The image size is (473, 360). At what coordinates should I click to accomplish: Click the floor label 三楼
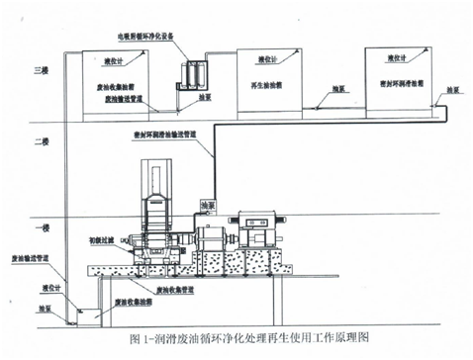[x=41, y=71]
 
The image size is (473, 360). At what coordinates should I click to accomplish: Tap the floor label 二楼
[x=41, y=142]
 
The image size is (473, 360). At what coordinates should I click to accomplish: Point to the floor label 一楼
[x=41, y=225]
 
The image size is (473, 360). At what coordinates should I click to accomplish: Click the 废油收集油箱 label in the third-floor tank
[x=120, y=85]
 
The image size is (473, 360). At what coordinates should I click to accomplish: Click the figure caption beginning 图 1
[x=236, y=338]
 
